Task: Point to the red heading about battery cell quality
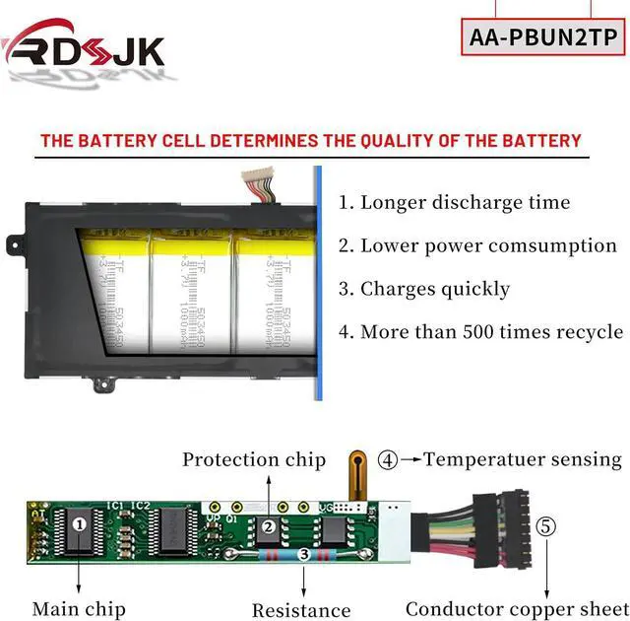tap(311, 141)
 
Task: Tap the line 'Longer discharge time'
tap(455, 203)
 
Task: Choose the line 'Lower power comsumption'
tap(477, 246)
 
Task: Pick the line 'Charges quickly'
tap(424, 289)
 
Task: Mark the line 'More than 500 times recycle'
tap(480, 332)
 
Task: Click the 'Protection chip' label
tap(254, 459)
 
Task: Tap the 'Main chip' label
tap(69, 608)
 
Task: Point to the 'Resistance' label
tap(301, 610)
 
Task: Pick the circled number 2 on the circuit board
tap(269, 527)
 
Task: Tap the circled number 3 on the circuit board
tap(304, 555)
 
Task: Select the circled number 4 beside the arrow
tap(389, 459)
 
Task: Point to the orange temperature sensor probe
tap(358, 475)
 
